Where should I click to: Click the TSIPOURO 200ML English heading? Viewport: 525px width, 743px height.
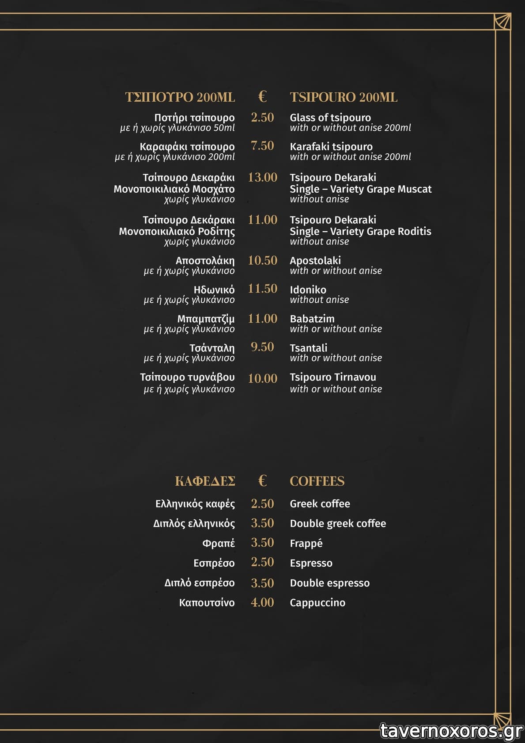[x=344, y=97]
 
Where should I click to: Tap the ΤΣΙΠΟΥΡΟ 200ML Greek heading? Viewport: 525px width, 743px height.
[x=180, y=97]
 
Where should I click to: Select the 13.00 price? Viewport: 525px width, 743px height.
[x=262, y=177]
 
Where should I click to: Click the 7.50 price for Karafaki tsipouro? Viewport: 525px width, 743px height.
[x=262, y=145]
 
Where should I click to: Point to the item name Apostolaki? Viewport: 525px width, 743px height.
[x=315, y=260]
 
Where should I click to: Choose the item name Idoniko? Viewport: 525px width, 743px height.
[x=308, y=290]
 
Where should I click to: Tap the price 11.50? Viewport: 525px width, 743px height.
[x=262, y=289]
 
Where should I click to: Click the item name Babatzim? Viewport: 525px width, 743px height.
[x=312, y=319]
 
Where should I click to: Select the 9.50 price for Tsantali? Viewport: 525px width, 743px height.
[x=262, y=347]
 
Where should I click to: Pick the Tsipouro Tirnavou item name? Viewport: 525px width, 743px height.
[x=332, y=377]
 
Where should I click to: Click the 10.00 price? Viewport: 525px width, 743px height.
[x=262, y=378]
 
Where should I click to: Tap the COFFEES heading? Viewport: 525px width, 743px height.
[x=317, y=481]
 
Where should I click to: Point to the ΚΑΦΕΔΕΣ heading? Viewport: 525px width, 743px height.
[x=205, y=481]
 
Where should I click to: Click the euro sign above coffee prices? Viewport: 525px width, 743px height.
[x=262, y=480]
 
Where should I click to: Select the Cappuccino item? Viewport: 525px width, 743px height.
[x=317, y=602]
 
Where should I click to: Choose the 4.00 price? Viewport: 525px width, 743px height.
[x=262, y=602]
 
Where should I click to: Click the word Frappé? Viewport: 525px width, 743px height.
[x=306, y=543]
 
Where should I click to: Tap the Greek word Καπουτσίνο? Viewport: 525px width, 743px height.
[x=207, y=602]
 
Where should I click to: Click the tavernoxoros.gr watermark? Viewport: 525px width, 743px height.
[x=451, y=731]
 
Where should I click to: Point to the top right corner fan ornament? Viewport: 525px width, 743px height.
[x=502, y=21]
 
